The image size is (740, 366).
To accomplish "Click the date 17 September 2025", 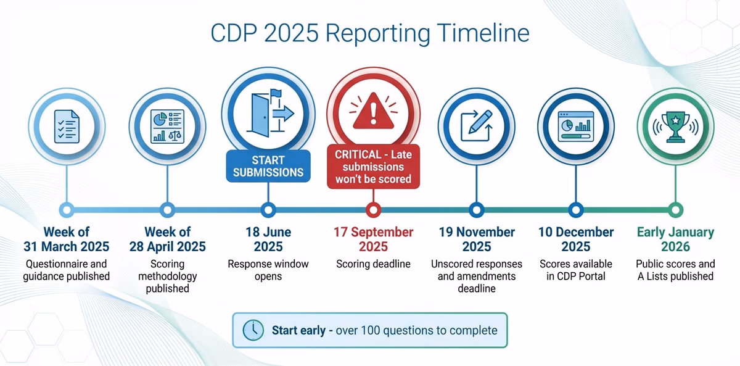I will pos(373,239).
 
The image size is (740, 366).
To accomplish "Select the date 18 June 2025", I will pos(268,239).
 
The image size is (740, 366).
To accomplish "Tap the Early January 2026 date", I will pos(675,239).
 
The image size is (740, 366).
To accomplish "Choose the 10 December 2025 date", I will pos(575,239).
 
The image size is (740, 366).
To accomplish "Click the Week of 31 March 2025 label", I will pos(67,239).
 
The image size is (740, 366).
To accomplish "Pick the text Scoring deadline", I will pos(373,264).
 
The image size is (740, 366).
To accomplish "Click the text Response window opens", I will pos(268,270).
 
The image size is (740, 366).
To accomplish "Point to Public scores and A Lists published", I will pos(675,270).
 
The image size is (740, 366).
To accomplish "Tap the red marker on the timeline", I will pos(372,209).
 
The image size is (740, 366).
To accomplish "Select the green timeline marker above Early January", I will pos(675,209).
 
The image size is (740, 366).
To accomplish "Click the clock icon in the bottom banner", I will pos(253,330).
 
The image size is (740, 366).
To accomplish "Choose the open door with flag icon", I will pos(268,114).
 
